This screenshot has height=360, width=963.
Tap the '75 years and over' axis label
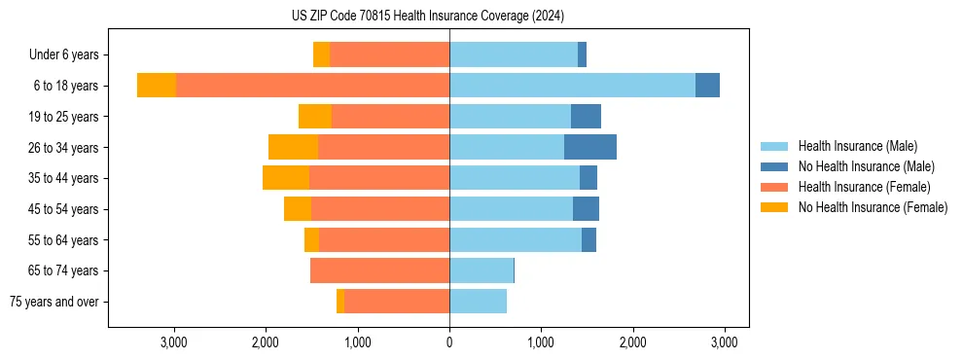(54, 302)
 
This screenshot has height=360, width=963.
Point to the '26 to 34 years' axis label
(63, 148)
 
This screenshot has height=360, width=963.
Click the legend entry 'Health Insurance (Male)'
(857, 146)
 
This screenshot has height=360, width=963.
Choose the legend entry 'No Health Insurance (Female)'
(873, 207)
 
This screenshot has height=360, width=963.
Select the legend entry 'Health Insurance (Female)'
(864, 187)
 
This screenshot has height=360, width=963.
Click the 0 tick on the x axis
(449, 342)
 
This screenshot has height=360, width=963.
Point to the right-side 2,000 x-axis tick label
(632, 342)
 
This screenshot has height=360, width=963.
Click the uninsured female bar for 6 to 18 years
(157, 86)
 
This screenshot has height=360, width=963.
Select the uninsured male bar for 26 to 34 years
(590, 147)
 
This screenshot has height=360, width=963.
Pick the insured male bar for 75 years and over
(478, 302)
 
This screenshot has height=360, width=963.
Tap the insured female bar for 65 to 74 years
(379, 270)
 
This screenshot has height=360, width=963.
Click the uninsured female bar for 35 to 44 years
(286, 178)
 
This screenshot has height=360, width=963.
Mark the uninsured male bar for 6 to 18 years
(707, 86)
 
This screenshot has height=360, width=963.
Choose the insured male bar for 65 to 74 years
(481, 270)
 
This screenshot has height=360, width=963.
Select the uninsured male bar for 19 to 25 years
(586, 117)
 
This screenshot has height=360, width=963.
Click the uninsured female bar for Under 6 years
(321, 55)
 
